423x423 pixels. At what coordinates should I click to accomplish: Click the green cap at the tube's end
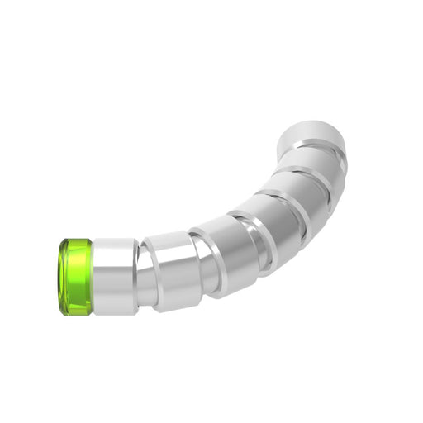(x=75, y=277)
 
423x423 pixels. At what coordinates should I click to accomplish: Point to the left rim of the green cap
(x=60, y=277)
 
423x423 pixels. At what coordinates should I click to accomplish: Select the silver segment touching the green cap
(x=115, y=277)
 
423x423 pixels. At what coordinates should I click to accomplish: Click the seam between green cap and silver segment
(x=93, y=277)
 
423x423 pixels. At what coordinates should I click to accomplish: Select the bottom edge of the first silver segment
(x=115, y=313)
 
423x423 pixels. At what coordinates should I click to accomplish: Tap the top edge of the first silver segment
(x=115, y=240)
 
